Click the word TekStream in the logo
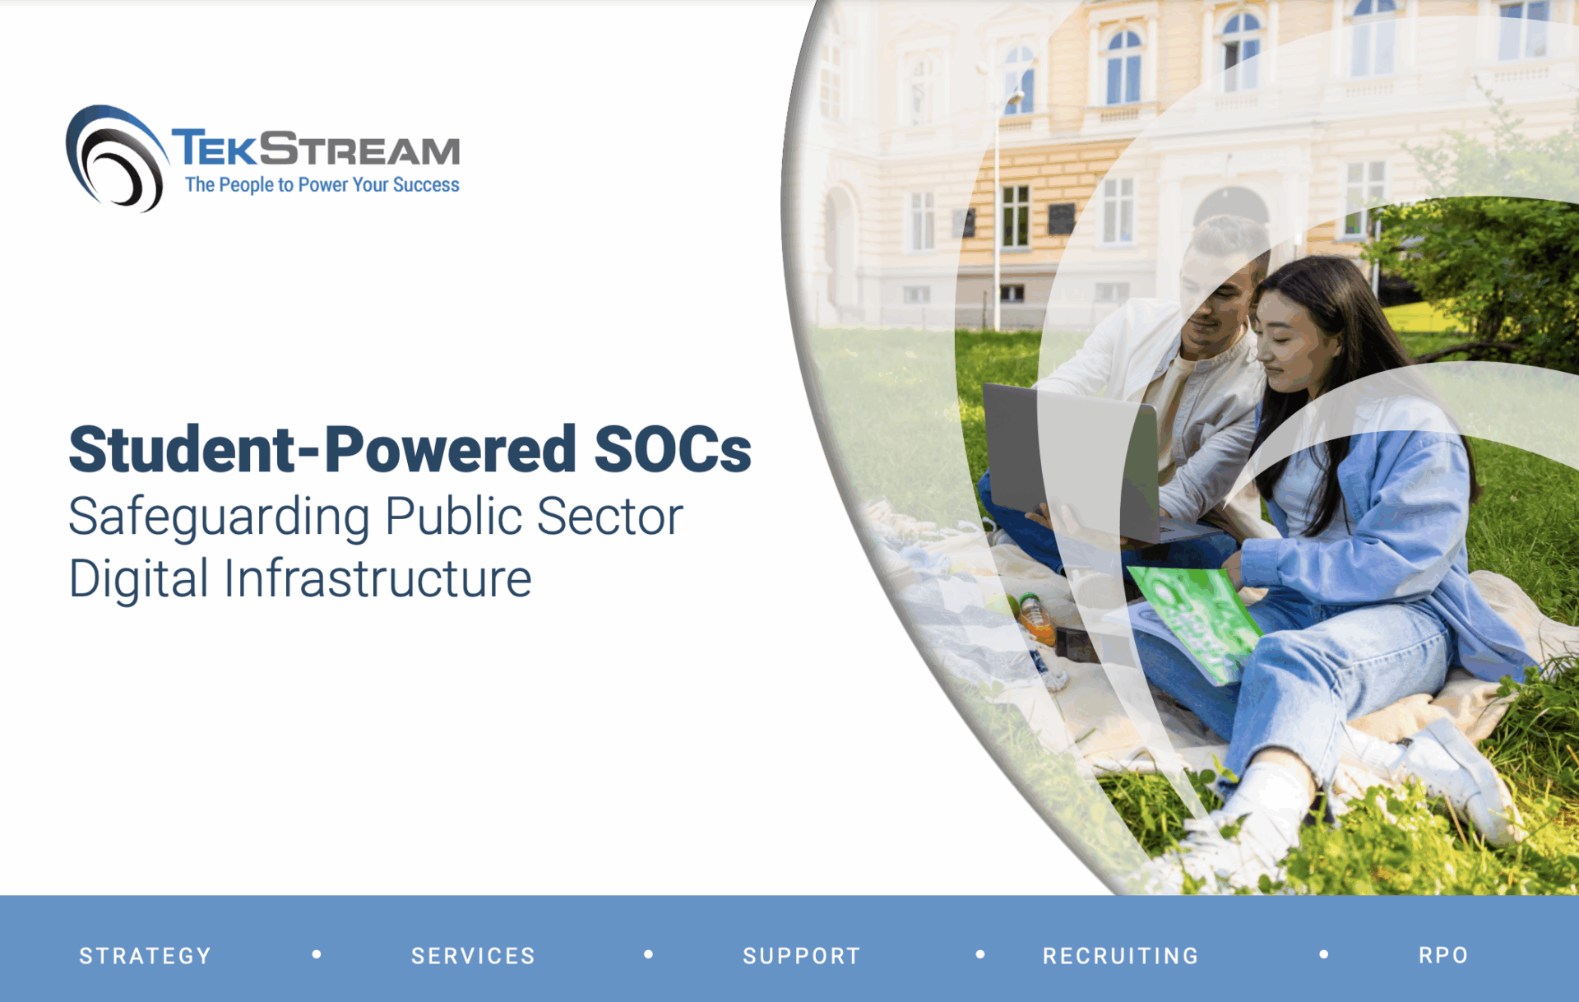pyautogui.click(x=316, y=149)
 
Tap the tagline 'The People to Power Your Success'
pyautogui.click(x=322, y=185)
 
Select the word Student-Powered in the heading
pyautogui.click(x=322, y=450)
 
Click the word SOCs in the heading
pyautogui.click(x=672, y=450)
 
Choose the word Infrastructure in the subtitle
pyautogui.click(x=377, y=578)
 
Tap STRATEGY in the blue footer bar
pyautogui.click(x=146, y=955)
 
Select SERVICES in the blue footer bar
pyautogui.click(x=473, y=955)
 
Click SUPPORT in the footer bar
pyautogui.click(x=801, y=955)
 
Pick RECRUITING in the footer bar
pyautogui.click(x=1120, y=955)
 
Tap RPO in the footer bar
pyautogui.click(x=1442, y=955)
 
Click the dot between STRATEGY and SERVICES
pyautogui.click(x=317, y=954)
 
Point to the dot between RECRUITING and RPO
pyautogui.click(x=1323, y=954)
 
